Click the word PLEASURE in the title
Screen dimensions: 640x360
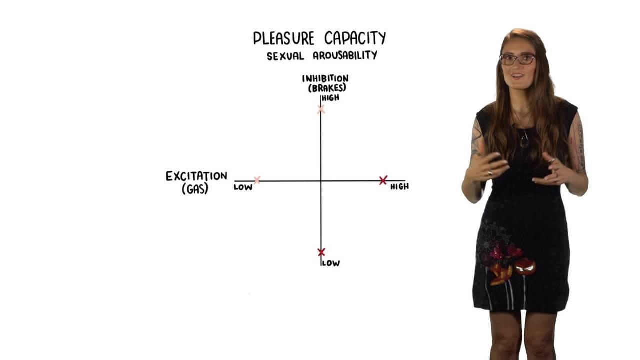click(x=284, y=38)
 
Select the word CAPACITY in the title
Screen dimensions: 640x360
click(x=355, y=38)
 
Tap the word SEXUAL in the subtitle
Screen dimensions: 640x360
click(x=285, y=56)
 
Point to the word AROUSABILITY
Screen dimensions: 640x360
click(x=345, y=55)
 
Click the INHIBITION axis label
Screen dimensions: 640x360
click(x=325, y=78)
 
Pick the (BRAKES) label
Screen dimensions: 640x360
click(x=327, y=88)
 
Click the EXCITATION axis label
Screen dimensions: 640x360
click(x=196, y=176)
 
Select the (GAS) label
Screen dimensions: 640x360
click(x=195, y=189)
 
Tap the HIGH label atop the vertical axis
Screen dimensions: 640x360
click(x=331, y=98)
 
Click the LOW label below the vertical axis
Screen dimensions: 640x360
click(x=331, y=263)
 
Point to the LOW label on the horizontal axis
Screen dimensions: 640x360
click(x=243, y=187)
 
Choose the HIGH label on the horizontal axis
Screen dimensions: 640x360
click(x=399, y=187)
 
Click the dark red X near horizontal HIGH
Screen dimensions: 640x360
click(x=383, y=180)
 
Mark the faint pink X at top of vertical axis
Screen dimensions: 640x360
click(x=321, y=109)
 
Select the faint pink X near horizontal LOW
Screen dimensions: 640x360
click(x=257, y=180)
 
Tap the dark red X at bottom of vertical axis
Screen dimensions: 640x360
click(x=321, y=252)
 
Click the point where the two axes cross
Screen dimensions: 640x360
click(x=321, y=181)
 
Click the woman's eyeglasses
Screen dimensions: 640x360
click(x=517, y=59)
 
